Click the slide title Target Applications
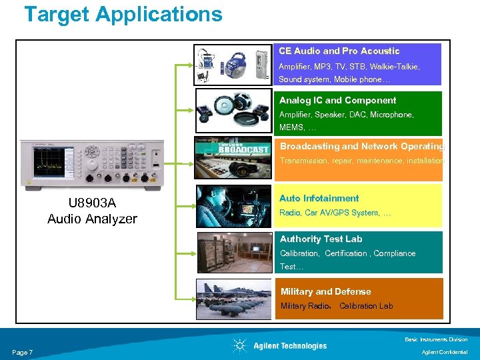point(123,14)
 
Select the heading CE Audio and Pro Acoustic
point(339,51)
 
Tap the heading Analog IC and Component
point(337,100)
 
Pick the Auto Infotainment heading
point(319,198)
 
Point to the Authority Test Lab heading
point(321,239)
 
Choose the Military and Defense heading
point(325,291)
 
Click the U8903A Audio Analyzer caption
point(92,211)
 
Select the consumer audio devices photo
point(233,65)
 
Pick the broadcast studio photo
point(233,158)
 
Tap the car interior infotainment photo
point(233,206)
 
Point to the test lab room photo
point(233,252)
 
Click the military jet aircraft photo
point(233,298)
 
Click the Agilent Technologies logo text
point(289,345)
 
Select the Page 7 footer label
point(23,352)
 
